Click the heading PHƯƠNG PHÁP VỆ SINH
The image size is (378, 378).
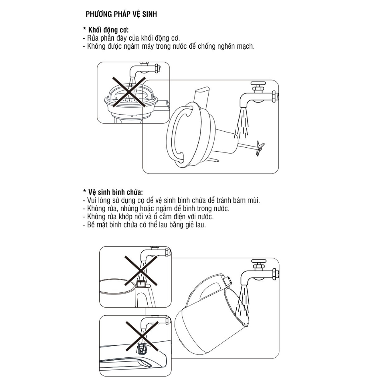coord(121,14)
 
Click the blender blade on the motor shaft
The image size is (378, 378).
coord(260,148)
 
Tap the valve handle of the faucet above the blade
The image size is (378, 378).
coord(258,83)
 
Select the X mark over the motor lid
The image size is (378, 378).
coord(129,92)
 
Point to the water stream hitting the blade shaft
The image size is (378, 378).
coord(242,123)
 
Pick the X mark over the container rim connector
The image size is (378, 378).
coord(141,271)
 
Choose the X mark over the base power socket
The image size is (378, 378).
coord(142,337)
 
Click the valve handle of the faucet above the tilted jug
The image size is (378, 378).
coord(259,261)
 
